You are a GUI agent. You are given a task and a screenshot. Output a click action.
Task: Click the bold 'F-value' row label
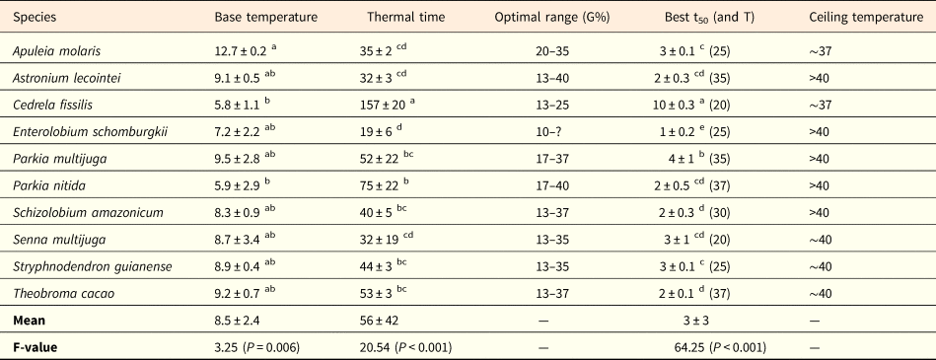pos(38,348)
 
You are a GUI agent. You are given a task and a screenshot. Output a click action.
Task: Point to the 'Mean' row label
pos(33,321)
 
